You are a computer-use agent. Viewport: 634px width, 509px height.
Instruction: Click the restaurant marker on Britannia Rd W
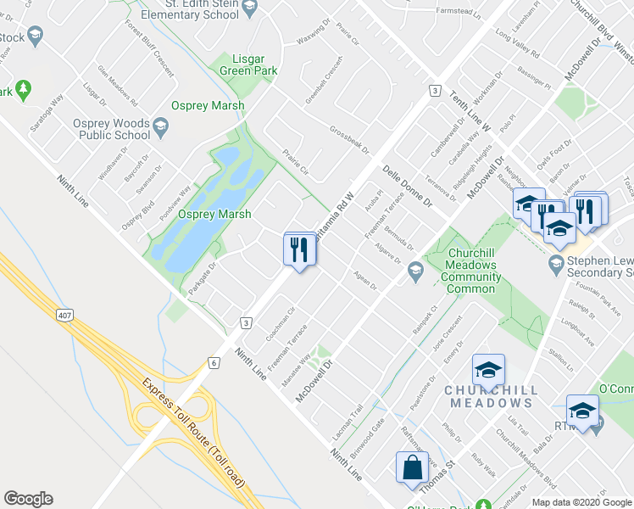[x=298, y=249]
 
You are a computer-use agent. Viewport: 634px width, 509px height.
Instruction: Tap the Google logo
[x=28, y=499]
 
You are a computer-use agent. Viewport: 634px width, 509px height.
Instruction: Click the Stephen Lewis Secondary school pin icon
[x=556, y=262]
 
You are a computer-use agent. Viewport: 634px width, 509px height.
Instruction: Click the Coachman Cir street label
[x=279, y=323]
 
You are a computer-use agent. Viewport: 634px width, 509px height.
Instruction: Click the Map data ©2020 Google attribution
[x=582, y=501]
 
